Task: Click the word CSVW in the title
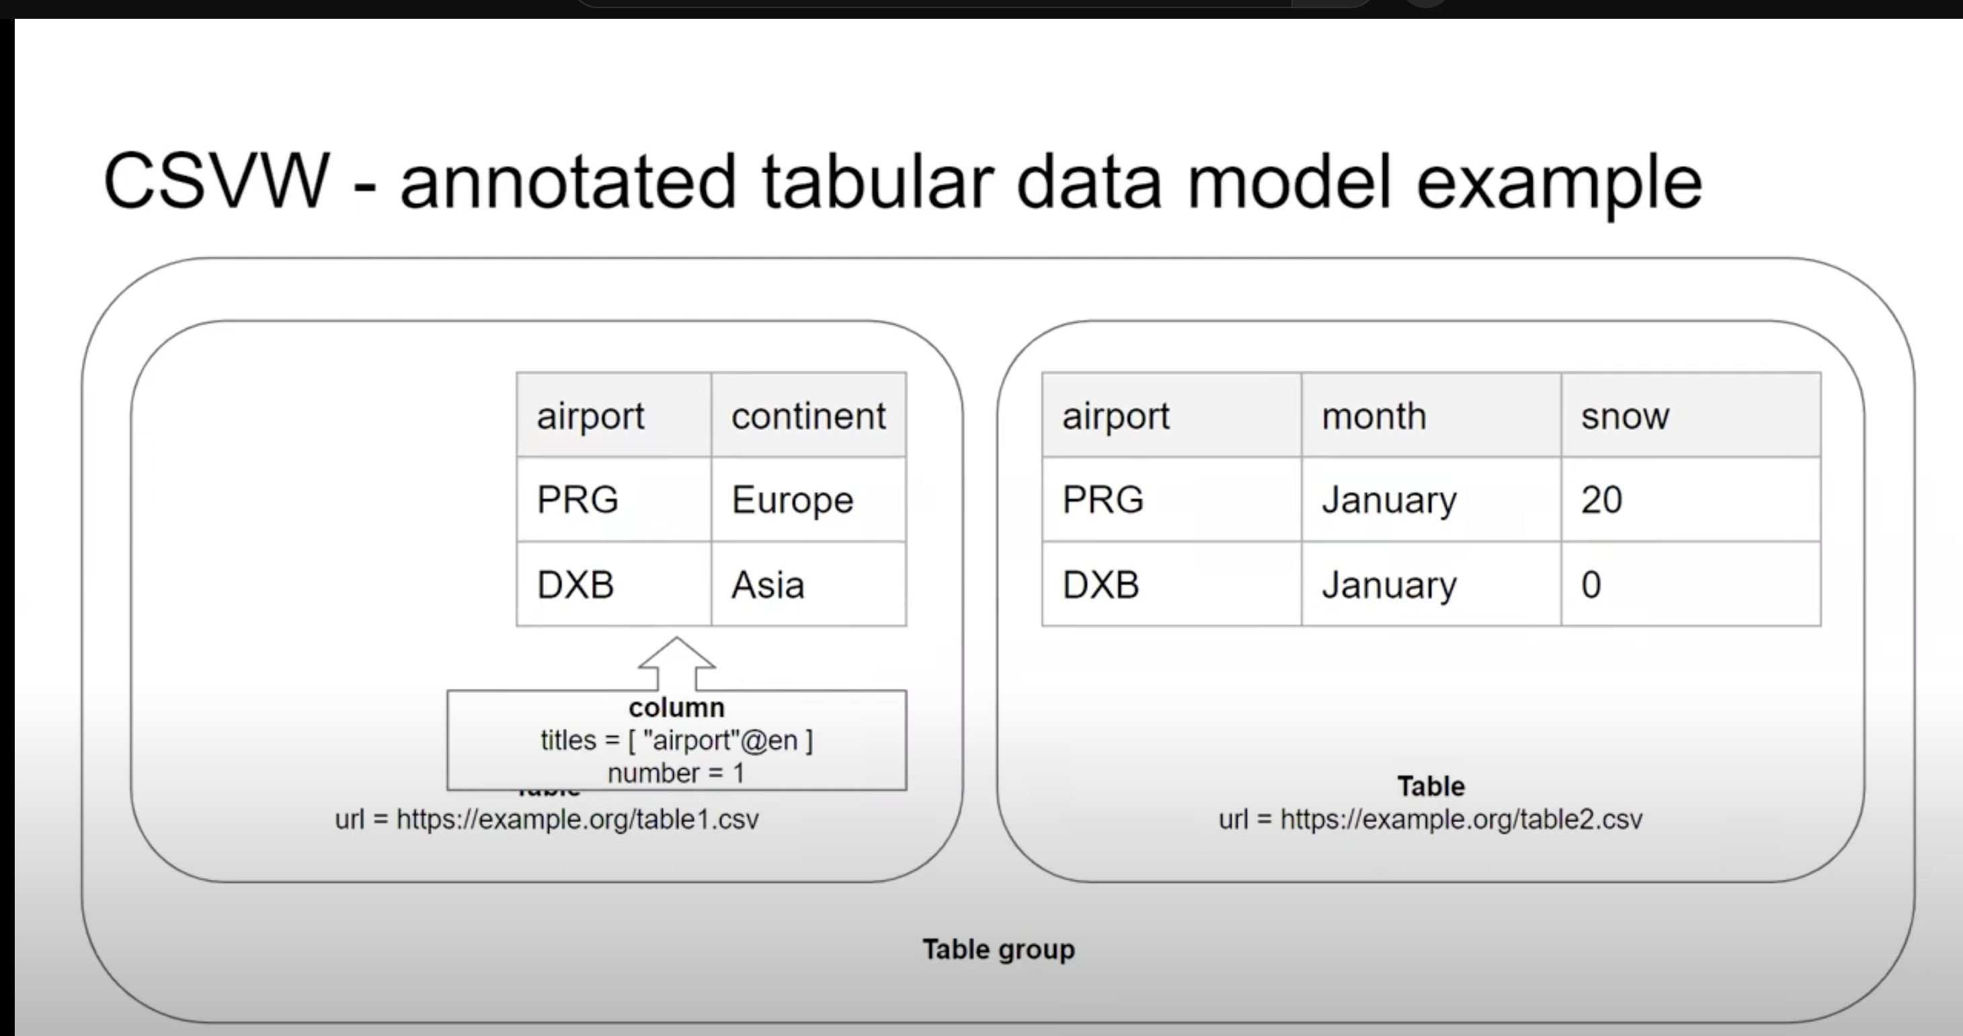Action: (x=216, y=182)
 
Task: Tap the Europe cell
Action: (x=809, y=500)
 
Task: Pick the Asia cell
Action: (x=809, y=585)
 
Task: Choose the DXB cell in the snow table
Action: (x=1172, y=585)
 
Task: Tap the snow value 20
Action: (x=1691, y=500)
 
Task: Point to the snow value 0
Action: (x=1691, y=585)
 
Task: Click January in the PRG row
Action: (x=1431, y=500)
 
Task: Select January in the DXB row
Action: (x=1431, y=585)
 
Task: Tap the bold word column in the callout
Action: (x=677, y=708)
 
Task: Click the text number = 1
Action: (x=676, y=774)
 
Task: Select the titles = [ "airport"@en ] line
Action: (x=677, y=740)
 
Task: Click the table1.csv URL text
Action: (x=547, y=819)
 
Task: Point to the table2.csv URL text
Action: (x=1431, y=819)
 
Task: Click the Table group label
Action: (x=998, y=950)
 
